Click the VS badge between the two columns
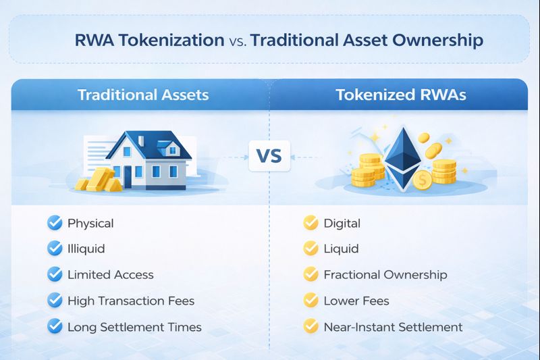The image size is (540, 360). point(269,157)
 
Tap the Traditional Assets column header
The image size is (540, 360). point(143,95)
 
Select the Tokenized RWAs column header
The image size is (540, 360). point(401,95)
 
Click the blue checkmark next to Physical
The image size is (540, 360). point(55,223)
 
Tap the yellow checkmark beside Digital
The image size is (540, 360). point(310,223)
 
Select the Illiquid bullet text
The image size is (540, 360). point(86,249)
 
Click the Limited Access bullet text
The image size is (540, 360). point(110,275)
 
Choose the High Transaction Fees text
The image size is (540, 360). point(131,301)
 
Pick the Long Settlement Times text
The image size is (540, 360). point(134,327)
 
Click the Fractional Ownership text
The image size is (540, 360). point(385,275)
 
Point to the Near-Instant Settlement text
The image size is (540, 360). point(393,327)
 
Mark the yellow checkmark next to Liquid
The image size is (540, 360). point(310,249)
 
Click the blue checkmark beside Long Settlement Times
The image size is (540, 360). point(55,327)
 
